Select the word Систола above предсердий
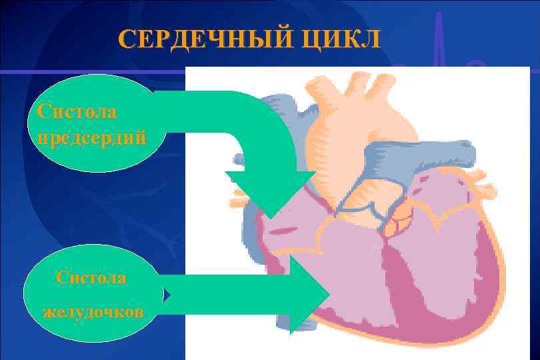click(77, 111)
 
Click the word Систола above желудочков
click(91, 277)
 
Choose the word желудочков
click(92, 311)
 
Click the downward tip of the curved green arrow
click(271, 213)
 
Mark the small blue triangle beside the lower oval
click(168, 294)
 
